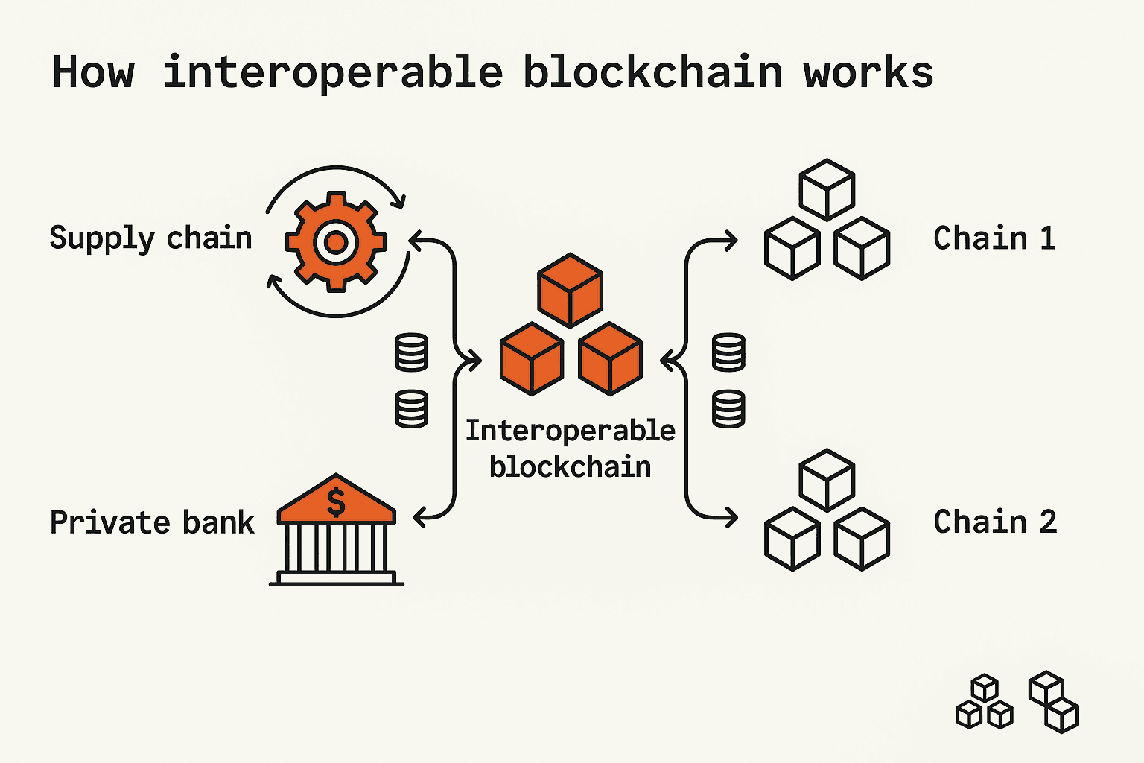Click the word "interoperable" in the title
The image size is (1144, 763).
(x=333, y=73)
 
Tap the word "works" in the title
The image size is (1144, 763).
(x=868, y=73)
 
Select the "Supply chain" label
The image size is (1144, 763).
(x=151, y=238)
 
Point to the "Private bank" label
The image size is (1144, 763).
(x=152, y=522)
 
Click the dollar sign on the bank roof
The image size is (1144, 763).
(x=336, y=501)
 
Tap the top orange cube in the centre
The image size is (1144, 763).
(x=570, y=290)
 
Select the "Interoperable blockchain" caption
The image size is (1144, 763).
(x=570, y=449)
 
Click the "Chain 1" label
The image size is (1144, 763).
(x=994, y=238)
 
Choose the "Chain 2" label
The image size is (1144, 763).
(x=995, y=522)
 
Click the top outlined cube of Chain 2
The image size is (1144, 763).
(x=827, y=479)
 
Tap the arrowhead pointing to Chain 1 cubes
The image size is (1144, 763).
(x=731, y=241)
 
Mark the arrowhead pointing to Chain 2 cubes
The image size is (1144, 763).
(x=731, y=516)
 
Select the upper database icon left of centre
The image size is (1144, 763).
(x=411, y=352)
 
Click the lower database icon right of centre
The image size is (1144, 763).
(x=728, y=409)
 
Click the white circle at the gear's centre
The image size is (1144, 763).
(x=336, y=241)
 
